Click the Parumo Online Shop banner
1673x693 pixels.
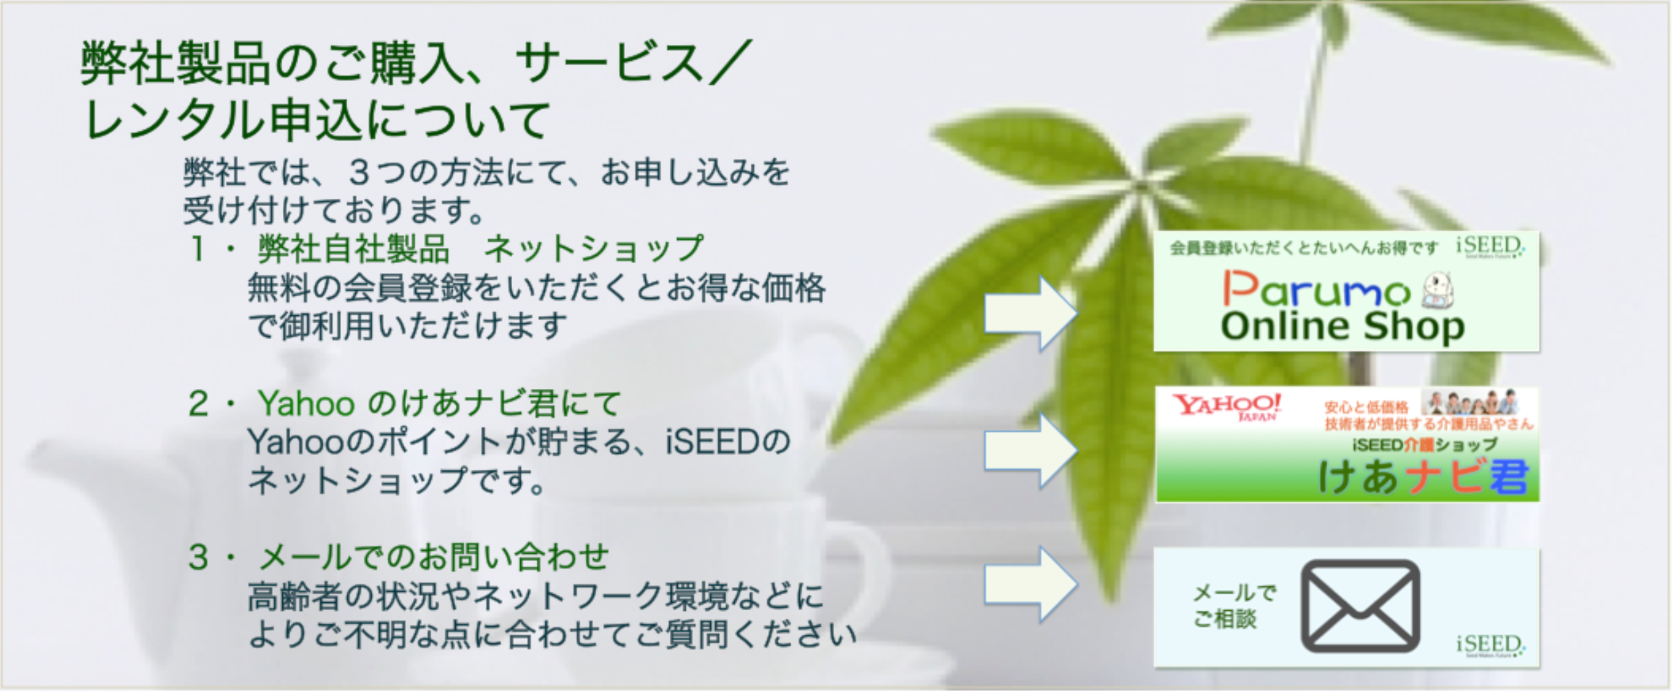click(x=1345, y=292)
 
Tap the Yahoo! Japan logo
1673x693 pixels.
click(x=1226, y=406)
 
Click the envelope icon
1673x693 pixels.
click(x=1360, y=606)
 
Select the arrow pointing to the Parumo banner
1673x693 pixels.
click(x=1030, y=313)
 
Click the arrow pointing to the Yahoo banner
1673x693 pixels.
click(x=1030, y=451)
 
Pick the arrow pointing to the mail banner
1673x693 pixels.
click(x=1030, y=584)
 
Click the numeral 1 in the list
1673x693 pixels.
click(x=197, y=250)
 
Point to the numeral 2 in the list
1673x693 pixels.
click(x=198, y=403)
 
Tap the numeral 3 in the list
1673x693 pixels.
click(x=198, y=557)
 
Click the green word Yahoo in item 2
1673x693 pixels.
click(x=306, y=403)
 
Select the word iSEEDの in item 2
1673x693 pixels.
click(x=728, y=442)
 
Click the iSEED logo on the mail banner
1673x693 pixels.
click(x=1489, y=645)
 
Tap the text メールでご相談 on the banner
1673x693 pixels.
click(x=1233, y=606)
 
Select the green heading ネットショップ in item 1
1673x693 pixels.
click(x=593, y=250)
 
